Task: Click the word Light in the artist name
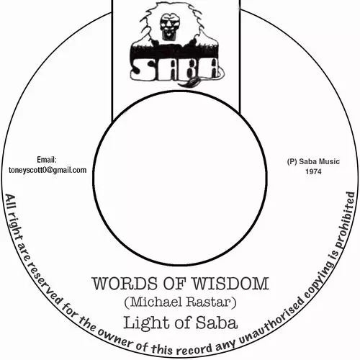tap(147, 323)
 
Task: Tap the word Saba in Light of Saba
tap(217, 323)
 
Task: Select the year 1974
tap(313, 171)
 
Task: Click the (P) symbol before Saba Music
tap(292, 161)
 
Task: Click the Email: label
tap(47, 159)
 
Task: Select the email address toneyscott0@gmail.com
tap(48, 170)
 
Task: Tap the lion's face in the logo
tap(168, 25)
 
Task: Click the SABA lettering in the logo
tap(175, 70)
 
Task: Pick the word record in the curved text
tap(194, 348)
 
